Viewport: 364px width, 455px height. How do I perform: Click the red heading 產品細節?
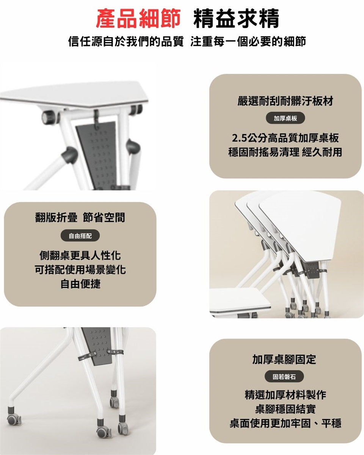[x=138, y=19]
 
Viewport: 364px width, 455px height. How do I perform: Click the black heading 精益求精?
[x=236, y=19]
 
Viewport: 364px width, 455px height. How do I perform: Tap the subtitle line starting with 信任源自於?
[x=187, y=41]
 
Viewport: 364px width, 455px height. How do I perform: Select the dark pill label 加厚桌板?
[x=285, y=118]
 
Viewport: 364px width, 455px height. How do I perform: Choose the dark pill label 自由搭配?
[x=80, y=235]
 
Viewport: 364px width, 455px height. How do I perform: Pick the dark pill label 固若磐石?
[x=284, y=377]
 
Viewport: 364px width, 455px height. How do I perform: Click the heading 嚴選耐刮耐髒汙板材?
[x=285, y=101]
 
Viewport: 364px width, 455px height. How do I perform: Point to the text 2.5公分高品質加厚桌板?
[x=285, y=138]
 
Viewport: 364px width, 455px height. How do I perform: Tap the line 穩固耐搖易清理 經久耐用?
[x=285, y=152]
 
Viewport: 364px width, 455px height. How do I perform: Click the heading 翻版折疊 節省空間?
[x=80, y=217]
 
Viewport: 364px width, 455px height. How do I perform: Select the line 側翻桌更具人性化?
[x=80, y=256]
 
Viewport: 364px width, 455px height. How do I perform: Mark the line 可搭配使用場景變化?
[x=80, y=270]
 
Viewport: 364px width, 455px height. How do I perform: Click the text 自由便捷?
[x=80, y=284]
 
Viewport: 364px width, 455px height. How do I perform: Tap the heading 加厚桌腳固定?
[x=284, y=359]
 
